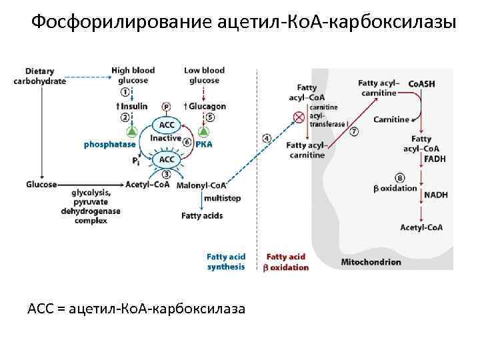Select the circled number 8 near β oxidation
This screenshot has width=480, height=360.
click(399, 178)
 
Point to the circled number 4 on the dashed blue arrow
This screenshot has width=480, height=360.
click(267, 138)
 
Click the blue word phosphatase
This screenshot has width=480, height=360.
click(109, 144)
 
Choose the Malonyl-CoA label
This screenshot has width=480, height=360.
click(201, 185)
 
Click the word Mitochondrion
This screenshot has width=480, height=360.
click(371, 262)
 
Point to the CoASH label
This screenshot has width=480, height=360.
click(421, 83)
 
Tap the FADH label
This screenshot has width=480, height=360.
click(435, 159)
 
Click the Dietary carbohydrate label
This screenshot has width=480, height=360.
click(40, 76)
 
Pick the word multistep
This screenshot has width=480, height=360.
click(223, 199)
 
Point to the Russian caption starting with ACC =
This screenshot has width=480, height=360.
click(136, 309)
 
